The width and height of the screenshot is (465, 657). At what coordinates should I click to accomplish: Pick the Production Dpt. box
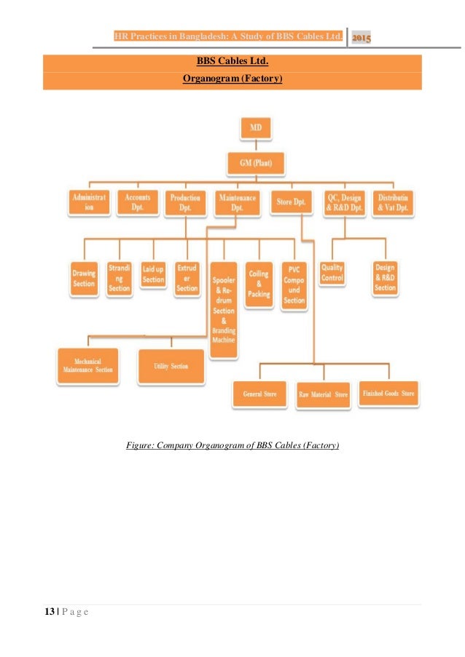click(186, 202)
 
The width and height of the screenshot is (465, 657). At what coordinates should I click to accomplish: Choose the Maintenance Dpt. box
click(236, 202)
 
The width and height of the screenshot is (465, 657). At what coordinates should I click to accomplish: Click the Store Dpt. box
click(290, 202)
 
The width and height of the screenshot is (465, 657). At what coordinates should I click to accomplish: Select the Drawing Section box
click(84, 279)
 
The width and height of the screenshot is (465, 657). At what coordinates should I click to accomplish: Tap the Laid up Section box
click(153, 275)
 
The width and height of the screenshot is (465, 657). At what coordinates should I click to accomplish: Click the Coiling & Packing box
click(259, 284)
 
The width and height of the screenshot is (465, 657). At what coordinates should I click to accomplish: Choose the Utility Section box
click(171, 366)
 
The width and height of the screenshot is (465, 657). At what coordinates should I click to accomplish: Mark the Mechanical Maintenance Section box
click(87, 365)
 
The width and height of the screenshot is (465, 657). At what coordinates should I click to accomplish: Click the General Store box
click(259, 394)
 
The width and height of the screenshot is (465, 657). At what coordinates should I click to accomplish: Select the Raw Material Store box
click(323, 394)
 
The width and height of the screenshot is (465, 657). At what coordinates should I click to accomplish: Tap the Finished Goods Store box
click(388, 394)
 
